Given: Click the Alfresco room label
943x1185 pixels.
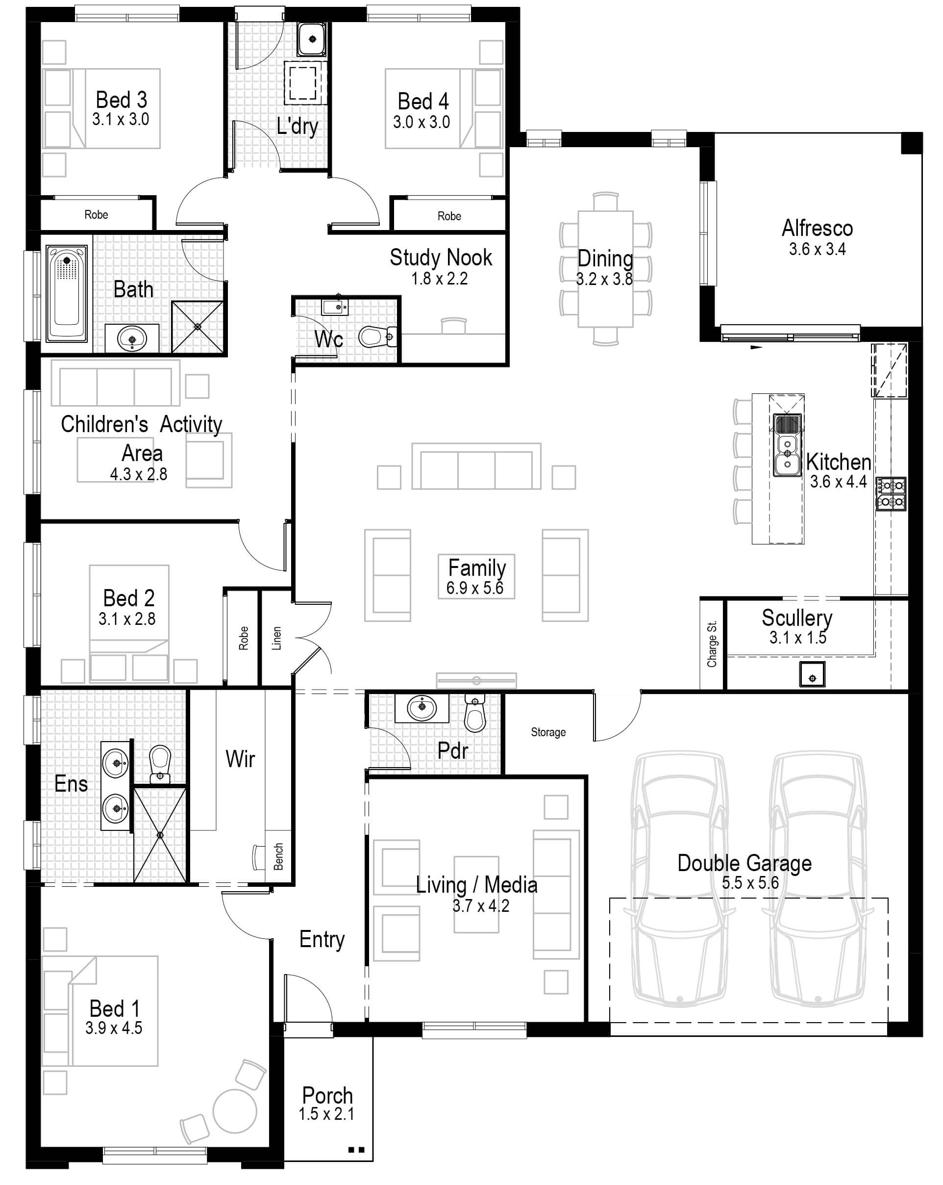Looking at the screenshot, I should point(817,228).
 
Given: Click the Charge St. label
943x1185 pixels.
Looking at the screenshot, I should point(712,644).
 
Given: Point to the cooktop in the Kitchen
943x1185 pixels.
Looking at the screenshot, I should point(890,493).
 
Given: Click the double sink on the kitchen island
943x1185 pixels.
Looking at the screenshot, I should point(787,445).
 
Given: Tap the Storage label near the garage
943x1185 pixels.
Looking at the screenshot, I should point(547,732).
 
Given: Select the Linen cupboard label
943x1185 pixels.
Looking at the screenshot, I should point(276,638).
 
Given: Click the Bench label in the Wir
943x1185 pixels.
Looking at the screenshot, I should point(278,856).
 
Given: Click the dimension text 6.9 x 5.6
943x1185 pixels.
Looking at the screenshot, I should point(474,588).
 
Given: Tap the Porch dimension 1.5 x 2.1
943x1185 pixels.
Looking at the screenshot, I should point(326,1113).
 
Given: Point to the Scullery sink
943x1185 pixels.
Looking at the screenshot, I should point(812,674).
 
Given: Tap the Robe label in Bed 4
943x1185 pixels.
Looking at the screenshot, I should point(448,216).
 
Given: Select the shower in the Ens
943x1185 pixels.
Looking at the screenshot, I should point(160,835).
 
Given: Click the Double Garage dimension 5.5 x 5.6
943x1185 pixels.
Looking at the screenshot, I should point(750,883).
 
